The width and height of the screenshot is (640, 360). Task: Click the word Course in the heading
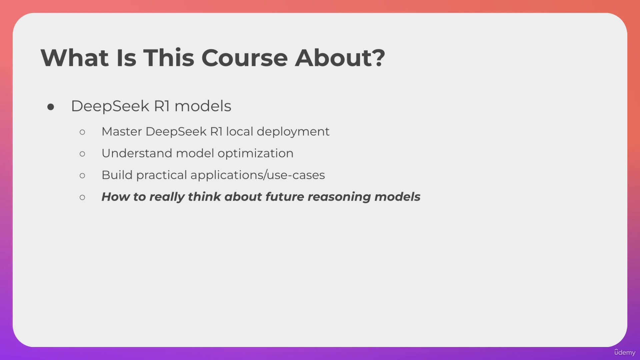(244, 58)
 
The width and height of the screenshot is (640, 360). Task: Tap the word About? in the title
(340, 58)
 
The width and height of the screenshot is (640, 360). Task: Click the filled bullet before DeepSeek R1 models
(51, 107)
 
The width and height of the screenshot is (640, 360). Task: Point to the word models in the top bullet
(203, 106)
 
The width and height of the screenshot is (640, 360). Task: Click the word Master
(122, 132)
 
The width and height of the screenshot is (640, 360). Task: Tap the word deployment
(293, 132)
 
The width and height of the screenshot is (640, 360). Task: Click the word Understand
(137, 153)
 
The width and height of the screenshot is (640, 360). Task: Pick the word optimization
(255, 153)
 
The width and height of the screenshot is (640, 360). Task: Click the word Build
(117, 175)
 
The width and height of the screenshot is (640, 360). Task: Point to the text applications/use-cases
(258, 175)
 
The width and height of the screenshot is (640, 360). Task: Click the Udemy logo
(625, 352)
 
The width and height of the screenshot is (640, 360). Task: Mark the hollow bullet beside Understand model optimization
(82, 154)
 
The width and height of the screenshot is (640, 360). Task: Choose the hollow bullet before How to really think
(82, 197)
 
